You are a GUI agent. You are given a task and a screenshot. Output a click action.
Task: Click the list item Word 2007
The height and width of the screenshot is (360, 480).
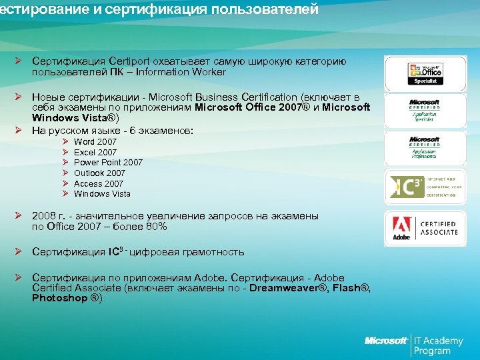point(95,142)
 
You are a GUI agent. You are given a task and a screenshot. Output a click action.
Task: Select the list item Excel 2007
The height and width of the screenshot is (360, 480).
point(95,153)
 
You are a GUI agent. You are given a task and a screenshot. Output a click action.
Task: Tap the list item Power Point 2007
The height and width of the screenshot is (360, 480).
point(108,163)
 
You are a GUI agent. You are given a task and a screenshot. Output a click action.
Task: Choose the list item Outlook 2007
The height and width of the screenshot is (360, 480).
point(99,173)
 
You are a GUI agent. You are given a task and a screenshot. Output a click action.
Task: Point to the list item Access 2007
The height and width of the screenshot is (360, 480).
point(99,183)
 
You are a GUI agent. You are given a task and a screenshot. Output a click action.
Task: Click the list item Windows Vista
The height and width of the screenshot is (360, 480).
point(102,194)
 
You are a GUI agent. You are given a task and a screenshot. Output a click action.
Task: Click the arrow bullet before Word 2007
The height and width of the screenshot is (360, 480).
point(65,142)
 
